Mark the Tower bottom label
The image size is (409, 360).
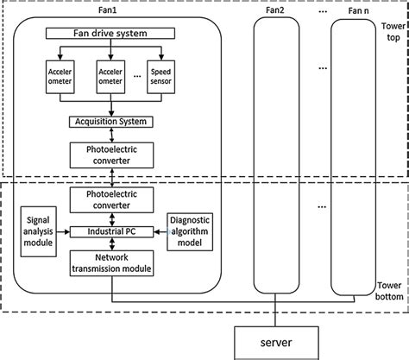(389, 293)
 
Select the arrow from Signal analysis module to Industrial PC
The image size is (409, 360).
(64, 231)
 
